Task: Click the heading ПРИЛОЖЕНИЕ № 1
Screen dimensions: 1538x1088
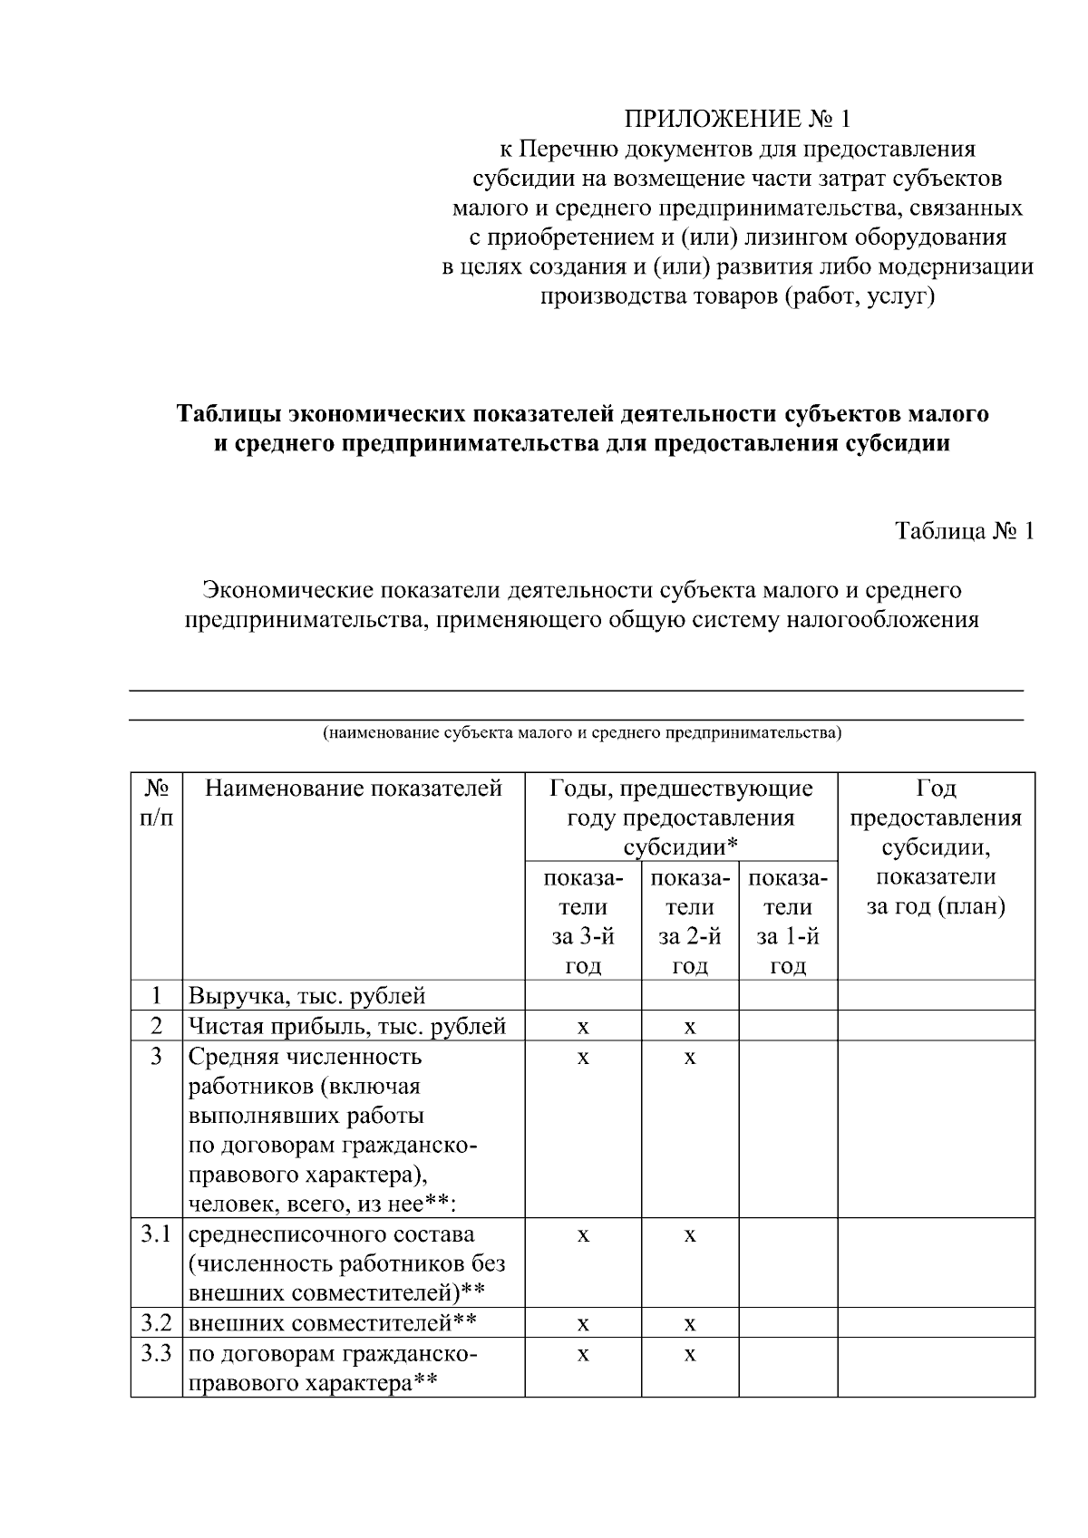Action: click(737, 119)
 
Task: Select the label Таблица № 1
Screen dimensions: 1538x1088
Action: click(964, 530)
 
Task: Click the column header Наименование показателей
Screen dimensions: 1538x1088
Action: click(354, 788)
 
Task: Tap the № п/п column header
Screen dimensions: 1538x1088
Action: click(157, 803)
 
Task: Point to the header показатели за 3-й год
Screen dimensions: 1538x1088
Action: click(583, 922)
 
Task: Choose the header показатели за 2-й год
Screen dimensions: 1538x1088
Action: click(690, 922)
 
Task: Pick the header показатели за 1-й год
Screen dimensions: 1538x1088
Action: click(788, 922)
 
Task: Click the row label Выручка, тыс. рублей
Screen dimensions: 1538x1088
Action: click(306, 997)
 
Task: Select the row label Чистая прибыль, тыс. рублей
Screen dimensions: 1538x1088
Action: click(346, 1027)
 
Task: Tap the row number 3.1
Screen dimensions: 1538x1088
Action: click(157, 1234)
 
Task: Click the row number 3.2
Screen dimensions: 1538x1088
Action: click(157, 1323)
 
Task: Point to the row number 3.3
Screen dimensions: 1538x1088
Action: click(157, 1353)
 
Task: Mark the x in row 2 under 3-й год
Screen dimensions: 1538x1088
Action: click(583, 1028)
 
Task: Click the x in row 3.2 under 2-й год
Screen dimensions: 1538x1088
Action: click(690, 1325)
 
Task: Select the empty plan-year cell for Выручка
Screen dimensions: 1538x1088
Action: click(936, 996)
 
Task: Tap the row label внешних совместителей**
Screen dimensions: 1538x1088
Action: click(332, 1323)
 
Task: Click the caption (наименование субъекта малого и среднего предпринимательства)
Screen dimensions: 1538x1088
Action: click(582, 732)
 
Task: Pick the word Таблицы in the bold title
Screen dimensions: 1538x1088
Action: click(228, 414)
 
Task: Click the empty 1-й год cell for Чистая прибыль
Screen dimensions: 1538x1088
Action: click(788, 1026)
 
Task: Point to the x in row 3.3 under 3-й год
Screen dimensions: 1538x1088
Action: click(583, 1355)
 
